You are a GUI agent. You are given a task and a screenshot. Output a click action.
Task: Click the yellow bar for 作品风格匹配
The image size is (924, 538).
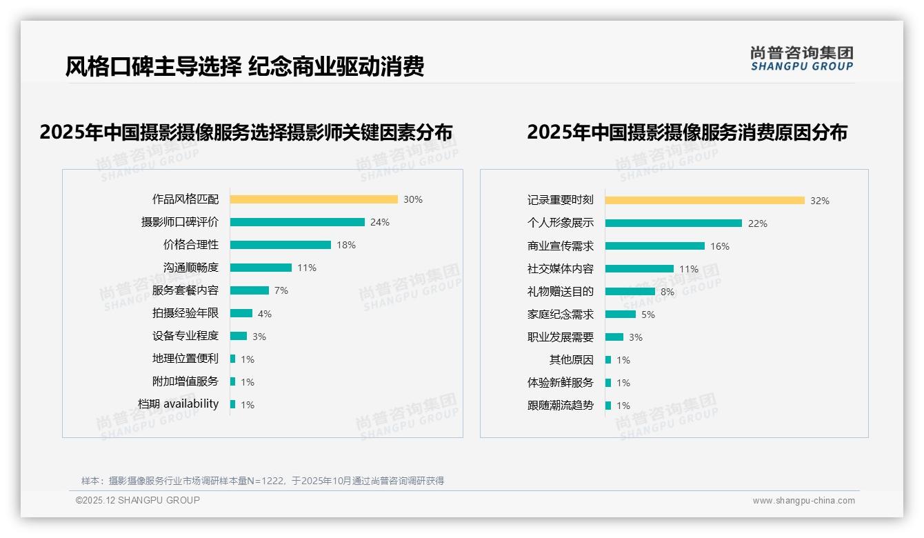click(x=314, y=199)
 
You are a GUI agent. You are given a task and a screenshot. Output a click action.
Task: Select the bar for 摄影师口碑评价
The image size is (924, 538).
click(x=297, y=222)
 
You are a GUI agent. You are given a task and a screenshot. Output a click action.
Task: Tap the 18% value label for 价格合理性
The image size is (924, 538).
click(x=346, y=245)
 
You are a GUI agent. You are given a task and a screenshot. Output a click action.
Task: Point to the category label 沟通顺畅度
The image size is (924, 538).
click(x=191, y=268)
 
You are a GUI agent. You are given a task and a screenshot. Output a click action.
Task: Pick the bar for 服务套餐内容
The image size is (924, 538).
click(x=250, y=290)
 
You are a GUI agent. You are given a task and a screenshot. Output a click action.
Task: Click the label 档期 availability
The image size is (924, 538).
click(x=179, y=404)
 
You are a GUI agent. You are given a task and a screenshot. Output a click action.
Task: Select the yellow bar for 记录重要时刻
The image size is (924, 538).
click(x=705, y=201)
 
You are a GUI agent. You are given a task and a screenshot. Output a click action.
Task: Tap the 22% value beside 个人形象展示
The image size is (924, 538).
click(x=757, y=223)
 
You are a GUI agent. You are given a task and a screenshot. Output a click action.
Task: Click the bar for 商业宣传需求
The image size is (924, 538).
click(x=655, y=246)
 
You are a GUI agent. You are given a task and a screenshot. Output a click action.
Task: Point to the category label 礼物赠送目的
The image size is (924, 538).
click(x=561, y=291)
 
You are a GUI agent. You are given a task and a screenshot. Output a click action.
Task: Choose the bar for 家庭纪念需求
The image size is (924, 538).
click(x=621, y=315)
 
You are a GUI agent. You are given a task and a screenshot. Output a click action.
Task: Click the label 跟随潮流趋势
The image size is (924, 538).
click(x=561, y=406)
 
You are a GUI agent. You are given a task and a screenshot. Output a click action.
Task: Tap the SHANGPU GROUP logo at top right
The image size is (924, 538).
click(x=802, y=59)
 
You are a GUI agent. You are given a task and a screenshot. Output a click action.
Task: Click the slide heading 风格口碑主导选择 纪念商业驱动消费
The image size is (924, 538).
click(x=245, y=67)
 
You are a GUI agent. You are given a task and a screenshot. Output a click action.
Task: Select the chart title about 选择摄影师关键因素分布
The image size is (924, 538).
click(x=246, y=132)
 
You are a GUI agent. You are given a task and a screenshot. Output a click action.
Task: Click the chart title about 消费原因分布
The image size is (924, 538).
click(x=687, y=132)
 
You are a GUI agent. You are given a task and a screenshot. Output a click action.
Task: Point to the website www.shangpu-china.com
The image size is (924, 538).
click(x=803, y=501)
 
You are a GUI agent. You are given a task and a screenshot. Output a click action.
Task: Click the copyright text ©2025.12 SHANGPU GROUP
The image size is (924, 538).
click(x=138, y=500)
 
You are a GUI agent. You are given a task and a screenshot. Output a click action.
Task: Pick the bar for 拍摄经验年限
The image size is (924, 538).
click(x=241, y=313)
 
